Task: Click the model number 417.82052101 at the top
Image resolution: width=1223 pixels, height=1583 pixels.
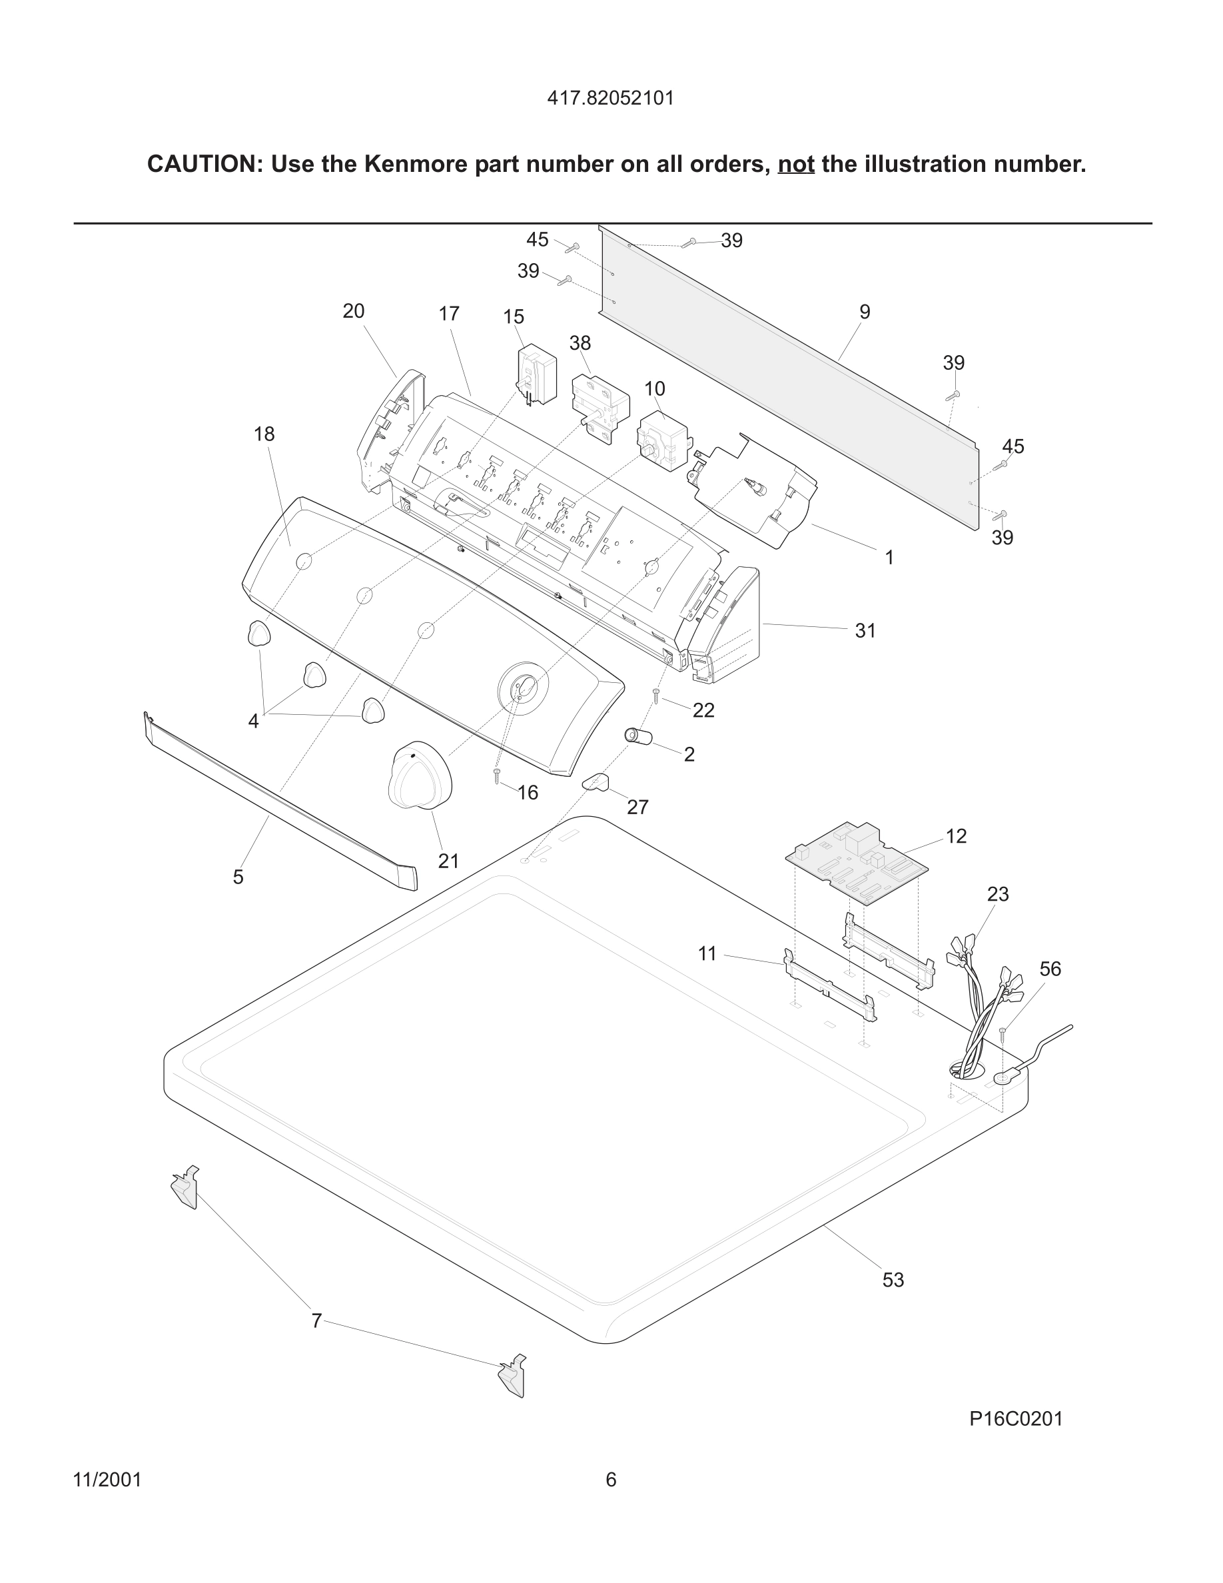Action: [x=610, y=98]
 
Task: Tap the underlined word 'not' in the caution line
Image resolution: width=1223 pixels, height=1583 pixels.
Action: [x=795, y=165]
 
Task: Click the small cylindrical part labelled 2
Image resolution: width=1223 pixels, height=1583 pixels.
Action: [x=639, y=736]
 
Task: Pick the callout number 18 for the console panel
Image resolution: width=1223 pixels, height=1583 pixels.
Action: [x=264, y=434]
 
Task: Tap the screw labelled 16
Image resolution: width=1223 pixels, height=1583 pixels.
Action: [x=497, y=776]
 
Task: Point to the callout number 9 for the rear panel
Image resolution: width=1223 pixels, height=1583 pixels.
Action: [x=865, y=312]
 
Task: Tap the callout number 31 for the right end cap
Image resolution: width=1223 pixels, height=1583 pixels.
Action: [x=865, y=630]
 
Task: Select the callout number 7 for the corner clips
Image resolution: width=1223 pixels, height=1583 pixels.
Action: [x=316, y=1320]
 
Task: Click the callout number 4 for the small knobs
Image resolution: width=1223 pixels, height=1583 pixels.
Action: [x=253, y=721]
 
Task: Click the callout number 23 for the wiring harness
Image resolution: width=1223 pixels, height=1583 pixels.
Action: [x=998, y=894]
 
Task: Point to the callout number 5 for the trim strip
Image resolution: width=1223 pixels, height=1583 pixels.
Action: [x=238, y=877]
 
